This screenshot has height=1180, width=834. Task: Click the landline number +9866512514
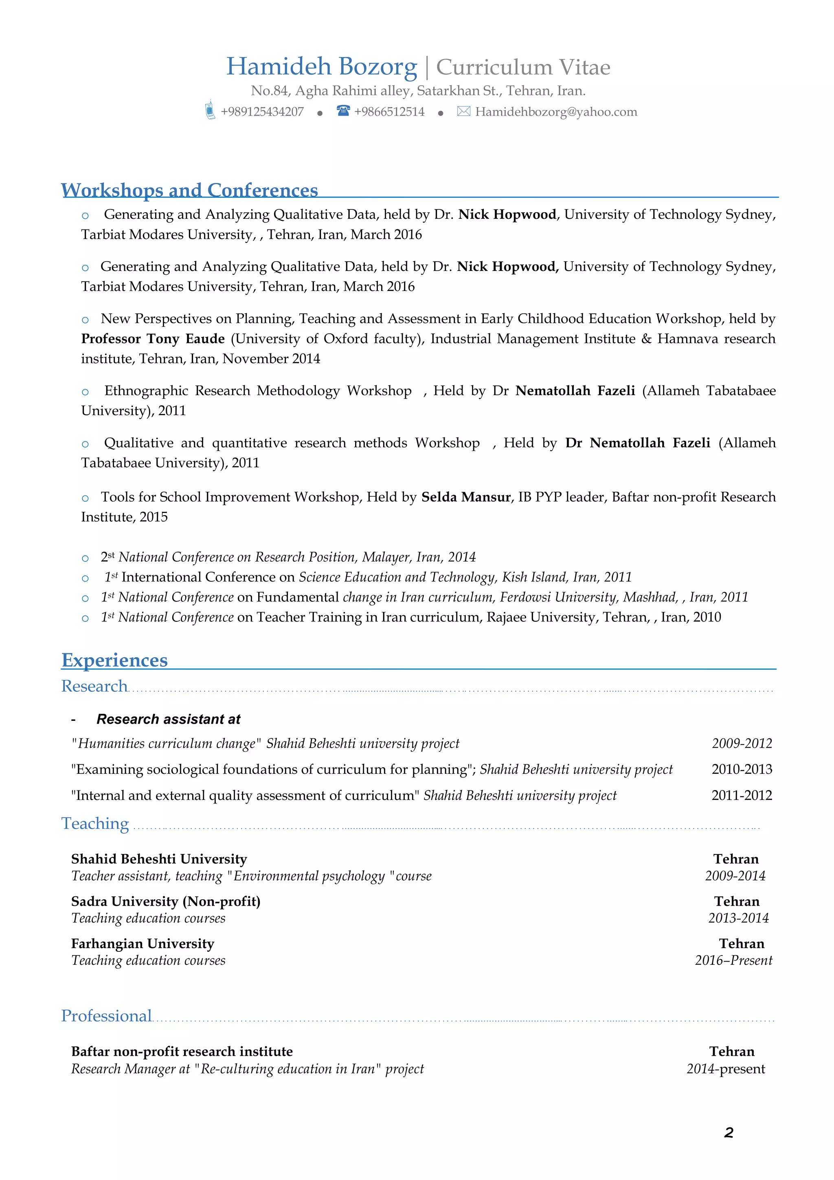(389, 112)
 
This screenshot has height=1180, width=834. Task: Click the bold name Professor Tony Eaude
(153, 339)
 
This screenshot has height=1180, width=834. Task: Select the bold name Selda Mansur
(466, 497)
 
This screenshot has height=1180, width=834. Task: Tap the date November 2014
(271, 359)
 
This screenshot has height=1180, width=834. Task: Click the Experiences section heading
(114, 660)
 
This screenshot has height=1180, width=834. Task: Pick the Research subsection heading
(94, 686)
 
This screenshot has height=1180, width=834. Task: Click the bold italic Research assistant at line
(169, 719)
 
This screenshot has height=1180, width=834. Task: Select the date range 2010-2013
(742, 769)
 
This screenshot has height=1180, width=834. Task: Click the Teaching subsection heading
(95, 823)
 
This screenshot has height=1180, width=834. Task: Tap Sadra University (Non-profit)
(165, 901)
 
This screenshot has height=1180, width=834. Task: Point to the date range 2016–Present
(733, 960)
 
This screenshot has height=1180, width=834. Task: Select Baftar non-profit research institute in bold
(182, 1052)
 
